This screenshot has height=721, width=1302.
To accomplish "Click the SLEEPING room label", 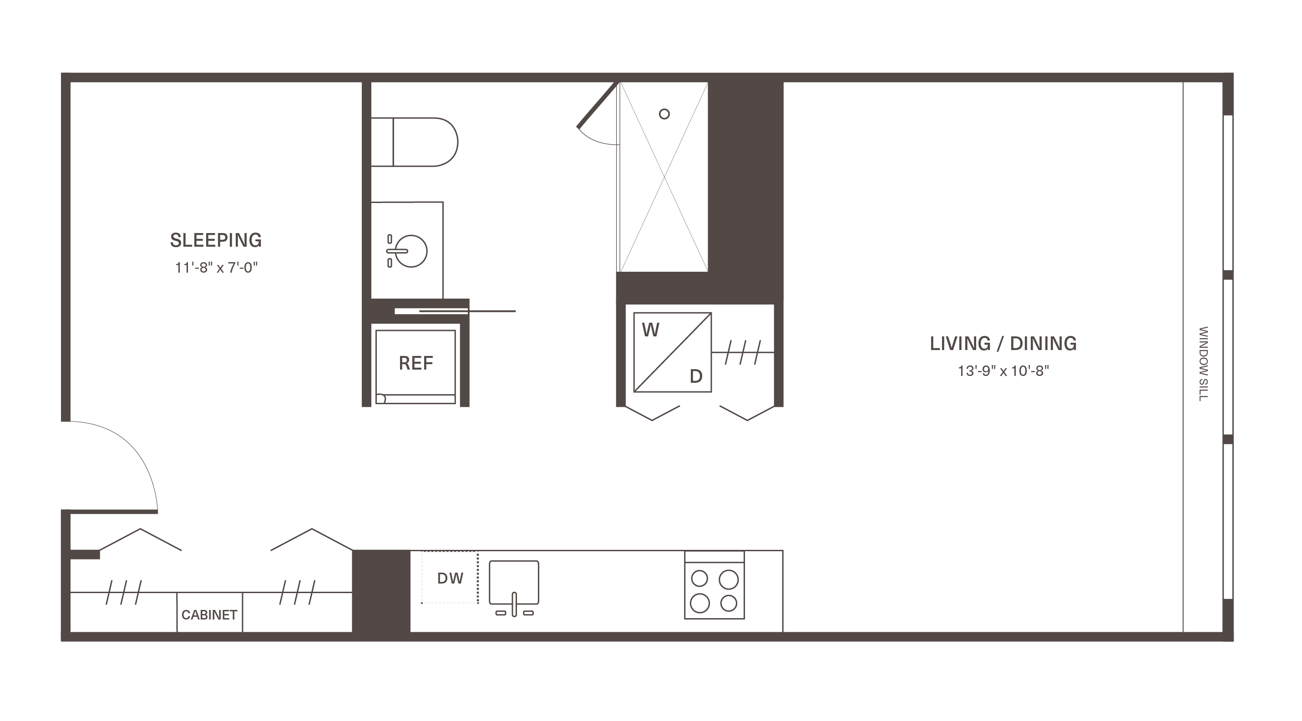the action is click(216, 240).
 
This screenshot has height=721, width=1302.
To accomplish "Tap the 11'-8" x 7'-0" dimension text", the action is click(216, 268).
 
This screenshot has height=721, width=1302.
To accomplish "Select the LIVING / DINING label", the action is click(1003, 343).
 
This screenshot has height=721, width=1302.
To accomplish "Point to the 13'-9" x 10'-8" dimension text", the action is click(1003, 371).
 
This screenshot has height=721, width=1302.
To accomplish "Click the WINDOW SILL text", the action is click(1203, 364).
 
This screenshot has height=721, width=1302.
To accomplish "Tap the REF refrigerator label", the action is click(416, 363).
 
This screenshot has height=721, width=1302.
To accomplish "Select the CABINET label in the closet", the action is click(209, 615).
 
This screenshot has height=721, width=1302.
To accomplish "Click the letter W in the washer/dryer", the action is click(650, 330).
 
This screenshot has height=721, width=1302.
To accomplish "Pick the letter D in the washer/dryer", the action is click(696, 376).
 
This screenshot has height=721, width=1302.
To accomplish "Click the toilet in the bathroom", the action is click(415, 142).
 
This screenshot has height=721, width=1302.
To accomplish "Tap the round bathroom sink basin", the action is click(411, 251).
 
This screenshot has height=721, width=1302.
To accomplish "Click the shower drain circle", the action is click(664, 114).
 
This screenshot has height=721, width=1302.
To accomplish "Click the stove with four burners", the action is click(714, 585).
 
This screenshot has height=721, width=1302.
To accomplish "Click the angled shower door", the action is click(598, 105).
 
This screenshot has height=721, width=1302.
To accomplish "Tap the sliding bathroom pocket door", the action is click(455, 311).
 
